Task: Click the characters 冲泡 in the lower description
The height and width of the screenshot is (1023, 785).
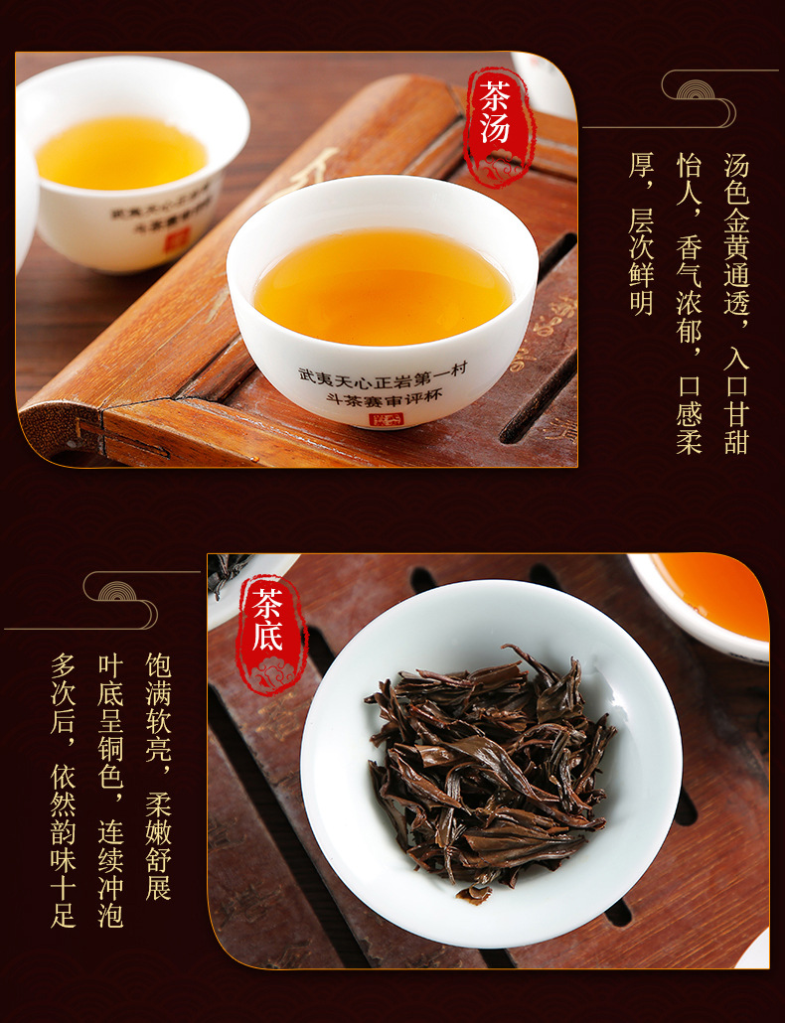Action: [x=110, y=899]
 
